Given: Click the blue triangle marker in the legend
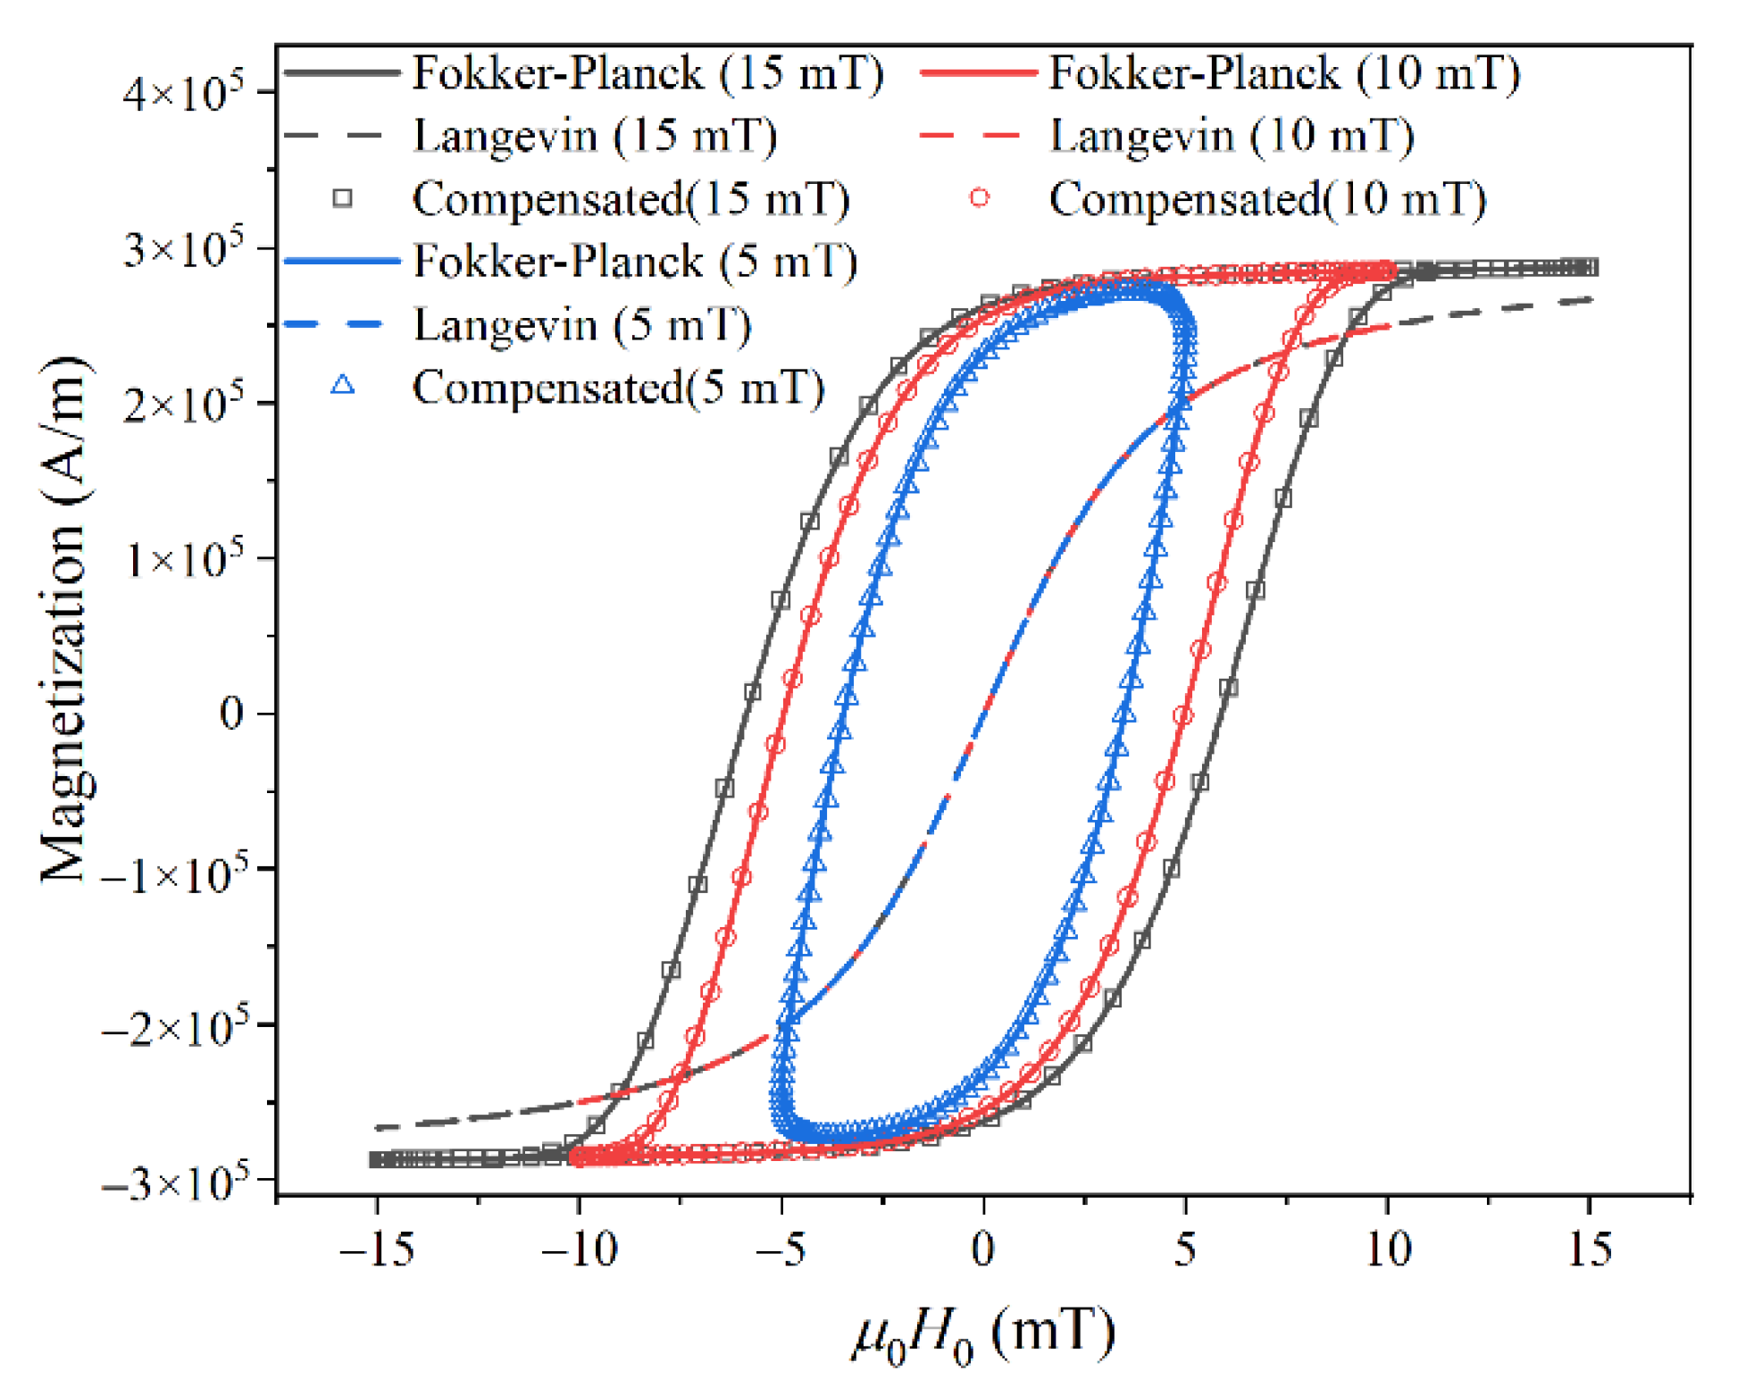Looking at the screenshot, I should click(343, 386).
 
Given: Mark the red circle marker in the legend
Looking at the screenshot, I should click(980, 197).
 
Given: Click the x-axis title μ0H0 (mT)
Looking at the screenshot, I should click(983, 1334).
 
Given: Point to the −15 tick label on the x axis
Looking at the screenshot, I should click(377, 1249).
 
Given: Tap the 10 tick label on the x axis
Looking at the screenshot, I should click(1388, 1249).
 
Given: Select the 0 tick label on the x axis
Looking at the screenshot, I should click(983, 1249).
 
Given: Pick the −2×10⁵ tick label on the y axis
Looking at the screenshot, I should click(173, 1027).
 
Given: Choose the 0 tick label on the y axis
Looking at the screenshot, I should click(231, 714).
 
